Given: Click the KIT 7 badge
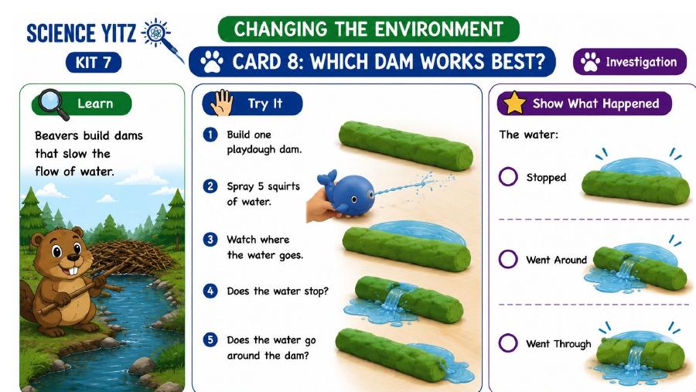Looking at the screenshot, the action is coord(94,62).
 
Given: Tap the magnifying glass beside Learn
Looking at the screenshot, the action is coord(53,104).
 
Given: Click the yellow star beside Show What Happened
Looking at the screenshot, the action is coord(514,103).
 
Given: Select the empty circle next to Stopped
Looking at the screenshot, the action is coord(508,176).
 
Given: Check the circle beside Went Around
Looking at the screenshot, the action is coord(508,259).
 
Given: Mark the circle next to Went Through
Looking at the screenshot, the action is coord(508,343).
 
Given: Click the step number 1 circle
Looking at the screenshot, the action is coord(210,135).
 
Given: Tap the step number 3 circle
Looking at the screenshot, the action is coord(210,240).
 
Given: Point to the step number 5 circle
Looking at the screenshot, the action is coord(210,340).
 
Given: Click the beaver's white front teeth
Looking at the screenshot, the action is coord(75,270).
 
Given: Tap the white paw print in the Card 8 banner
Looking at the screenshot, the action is coord(211,62).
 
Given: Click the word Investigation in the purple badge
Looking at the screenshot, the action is coord(641,62).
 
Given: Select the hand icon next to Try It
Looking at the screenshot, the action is coord(222,103).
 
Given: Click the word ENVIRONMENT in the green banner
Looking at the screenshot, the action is coord(438,29).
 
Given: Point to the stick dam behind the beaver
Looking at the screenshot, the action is coord(128,257).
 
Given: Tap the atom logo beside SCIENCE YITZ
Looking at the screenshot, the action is coord(155,32).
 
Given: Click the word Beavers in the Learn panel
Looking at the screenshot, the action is coord(57,135).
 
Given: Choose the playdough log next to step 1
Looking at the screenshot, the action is coord(406,145).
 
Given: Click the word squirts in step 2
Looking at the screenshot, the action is coord(284,186).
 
